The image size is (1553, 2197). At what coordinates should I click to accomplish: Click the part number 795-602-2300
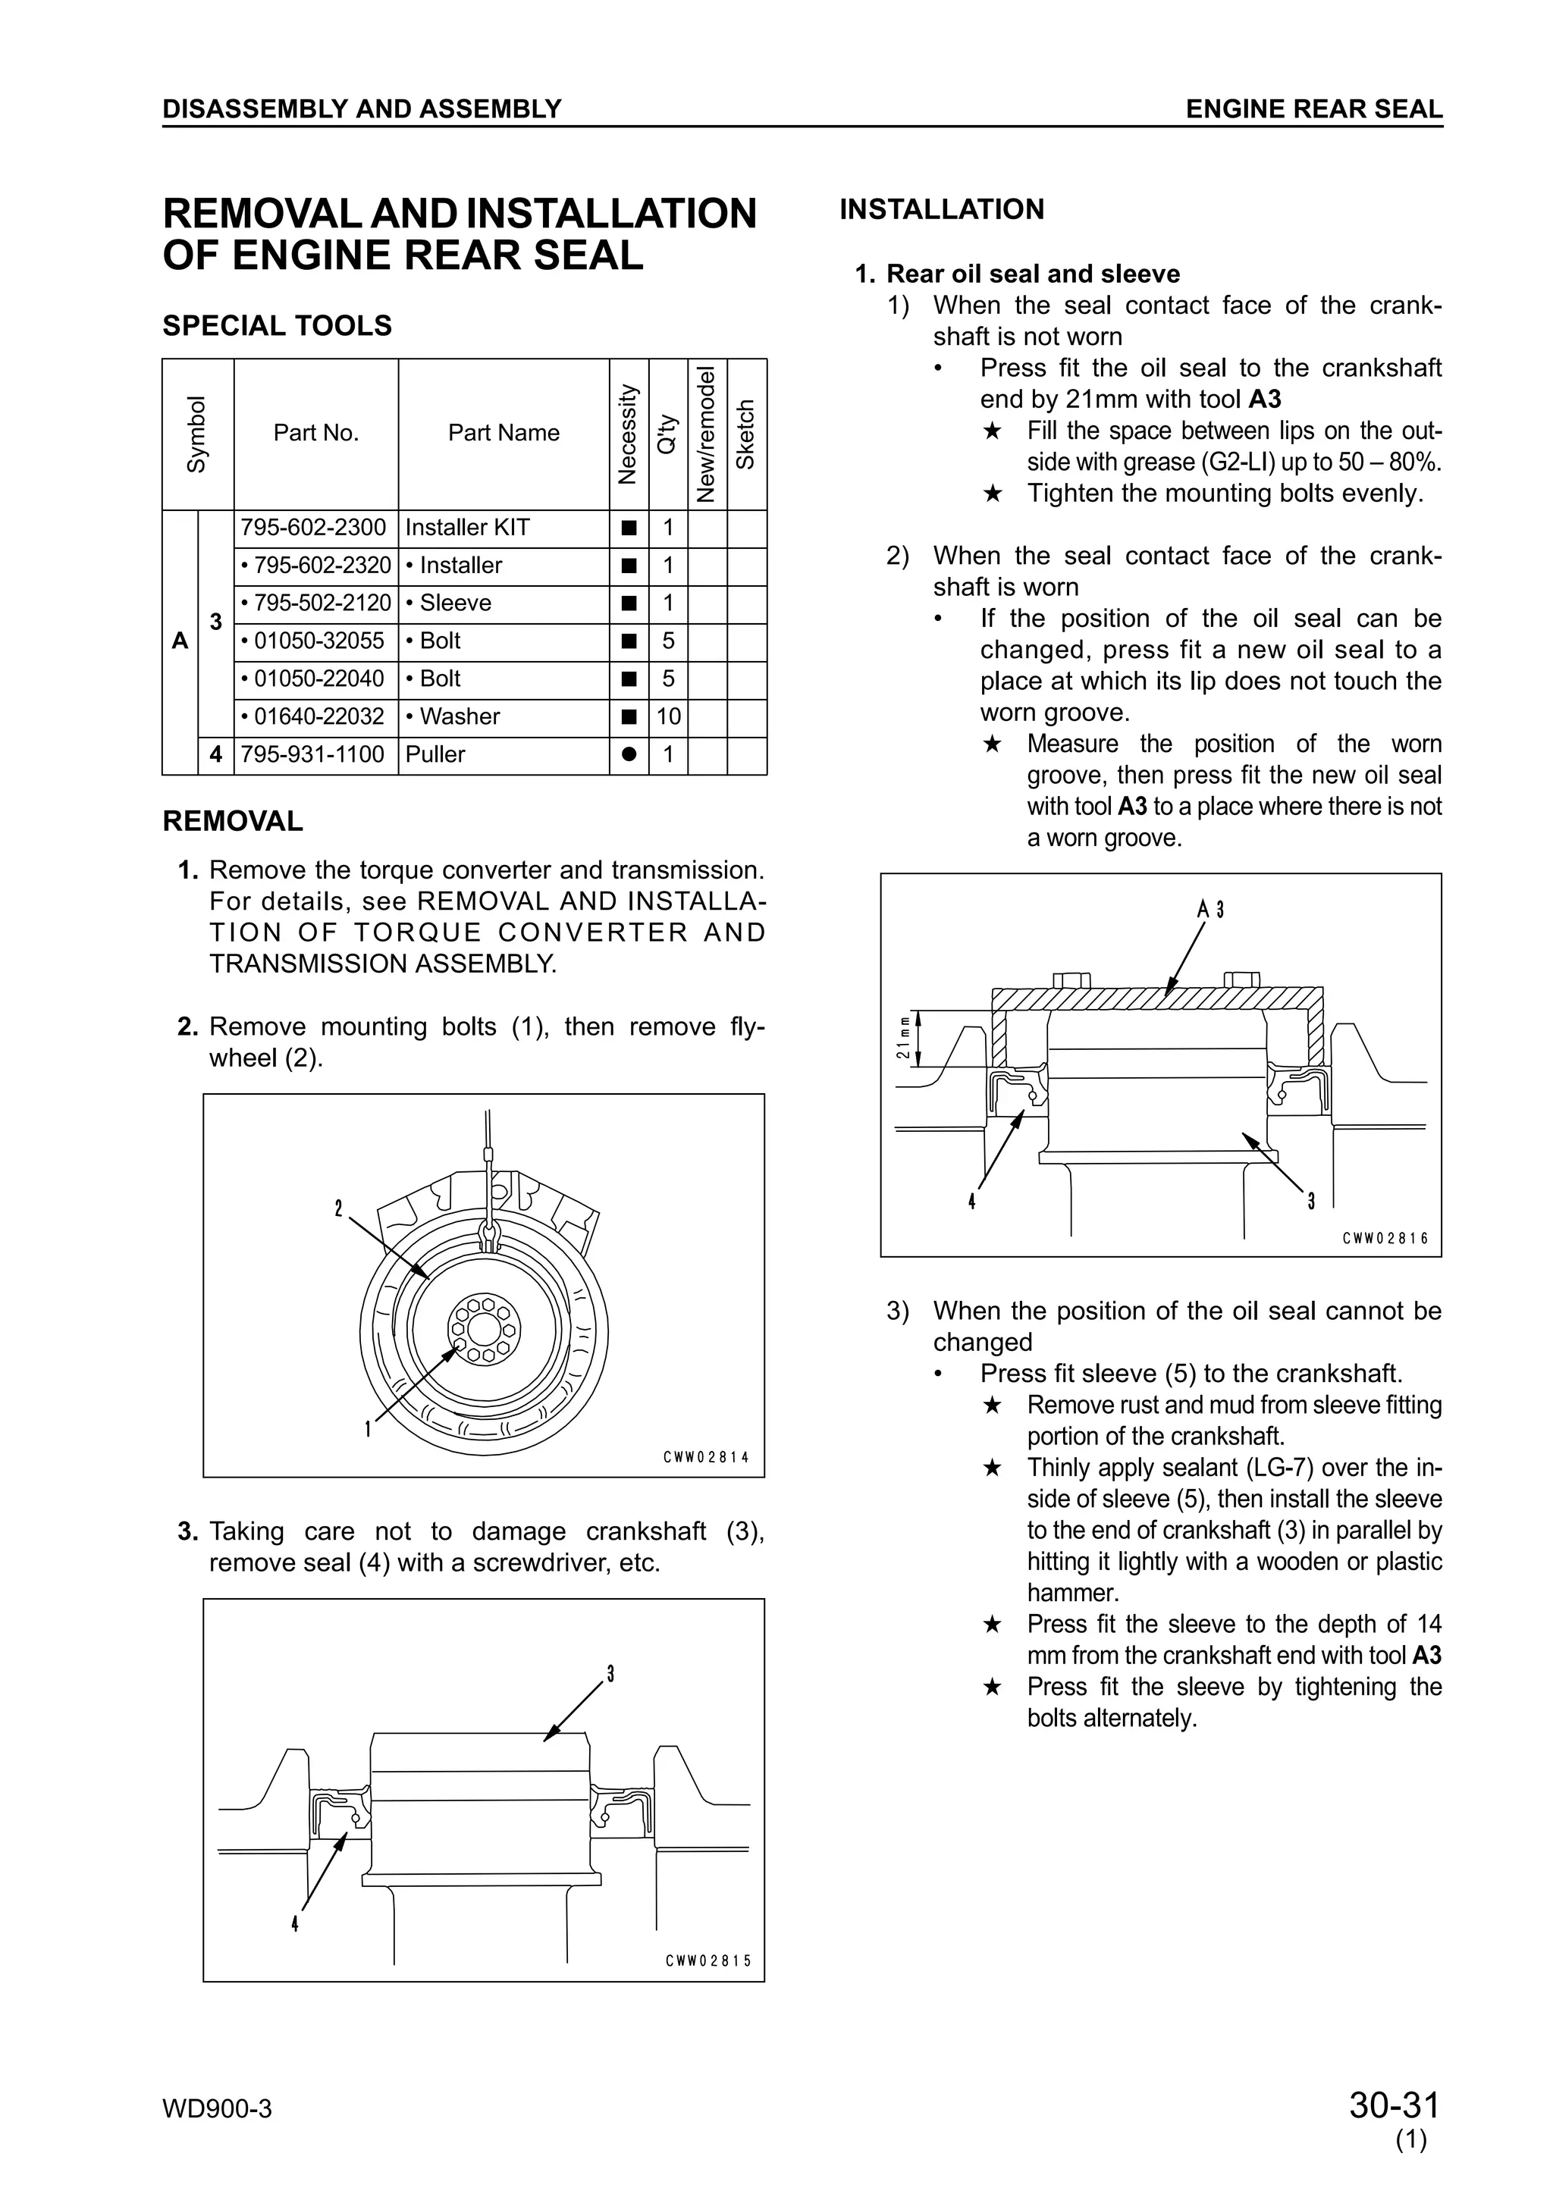[314, 527]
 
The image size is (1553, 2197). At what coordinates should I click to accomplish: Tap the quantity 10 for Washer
[668, 716]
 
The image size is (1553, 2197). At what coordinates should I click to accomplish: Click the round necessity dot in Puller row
[629, 754]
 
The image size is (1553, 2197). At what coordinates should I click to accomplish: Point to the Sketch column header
[746, 434]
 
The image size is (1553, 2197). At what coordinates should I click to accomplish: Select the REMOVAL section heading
[233, 821]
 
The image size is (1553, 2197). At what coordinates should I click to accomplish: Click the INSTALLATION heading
[942, 209]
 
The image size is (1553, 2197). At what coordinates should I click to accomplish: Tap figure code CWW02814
[706, 1457]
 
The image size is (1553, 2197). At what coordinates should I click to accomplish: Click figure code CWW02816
[1385, 1238]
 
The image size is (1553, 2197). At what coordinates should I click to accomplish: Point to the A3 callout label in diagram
[1210, 909]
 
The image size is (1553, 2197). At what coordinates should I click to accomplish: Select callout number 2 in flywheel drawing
[337, 1209]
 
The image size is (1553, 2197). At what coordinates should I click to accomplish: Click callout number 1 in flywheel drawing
[368, 1430]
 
